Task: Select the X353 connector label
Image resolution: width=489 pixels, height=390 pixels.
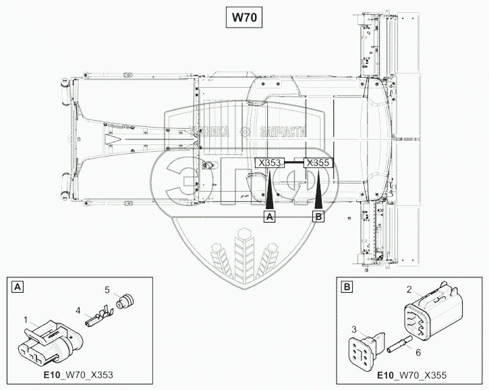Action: coord(270,163)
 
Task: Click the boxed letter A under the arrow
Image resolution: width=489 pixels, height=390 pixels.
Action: coord(270,216)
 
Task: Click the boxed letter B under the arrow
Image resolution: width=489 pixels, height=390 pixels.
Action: coord(318,216)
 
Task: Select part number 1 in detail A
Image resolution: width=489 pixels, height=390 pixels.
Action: coord(26,319)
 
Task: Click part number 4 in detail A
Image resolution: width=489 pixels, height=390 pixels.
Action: coord(78,310)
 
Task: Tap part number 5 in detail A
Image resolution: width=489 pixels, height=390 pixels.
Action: coord(106,289)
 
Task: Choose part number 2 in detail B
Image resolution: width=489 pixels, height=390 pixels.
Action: coord(408,289)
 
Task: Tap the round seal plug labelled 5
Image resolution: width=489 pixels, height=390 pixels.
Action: coord(125,302)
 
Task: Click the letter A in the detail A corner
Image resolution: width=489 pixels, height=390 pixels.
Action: coord(17,287)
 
